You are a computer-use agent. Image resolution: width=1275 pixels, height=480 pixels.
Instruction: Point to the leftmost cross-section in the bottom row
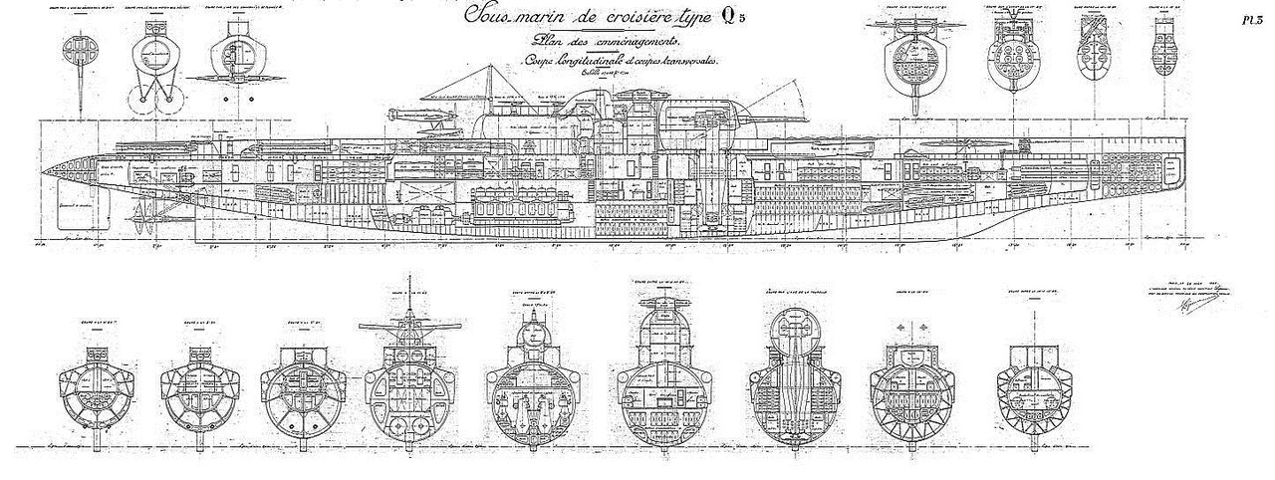[x=99, y=383]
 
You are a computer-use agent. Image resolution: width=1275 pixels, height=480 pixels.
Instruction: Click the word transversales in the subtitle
[x=687, y=61]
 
